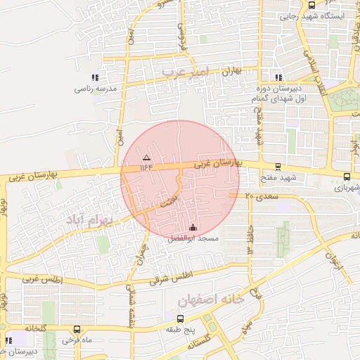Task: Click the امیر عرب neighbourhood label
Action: pos(186,72)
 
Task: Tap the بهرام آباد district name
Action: pos(89,220)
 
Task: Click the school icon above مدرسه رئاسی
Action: pos(95,78)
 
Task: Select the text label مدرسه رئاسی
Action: pos(94,89)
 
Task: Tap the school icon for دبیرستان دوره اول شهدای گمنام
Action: pos(279,77)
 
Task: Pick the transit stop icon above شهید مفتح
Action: pos(278,167)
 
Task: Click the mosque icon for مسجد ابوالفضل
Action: pos(193,227)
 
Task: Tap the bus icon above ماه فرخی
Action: pos(76,328)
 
